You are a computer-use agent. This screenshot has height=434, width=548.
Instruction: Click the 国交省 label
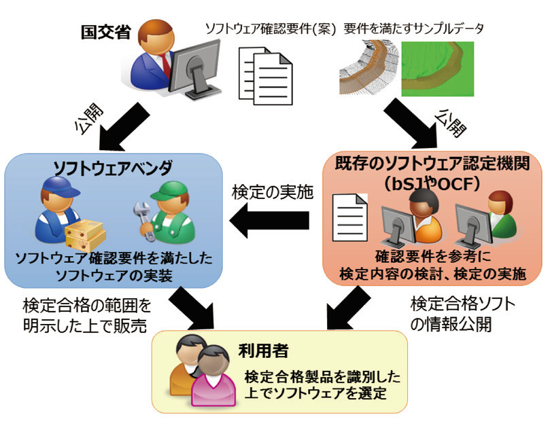[x=106, y=32]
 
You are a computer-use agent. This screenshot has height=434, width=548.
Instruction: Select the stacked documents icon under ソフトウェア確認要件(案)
[x=266, y=76]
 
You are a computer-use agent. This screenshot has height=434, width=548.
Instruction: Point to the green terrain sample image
[x=438, y=69]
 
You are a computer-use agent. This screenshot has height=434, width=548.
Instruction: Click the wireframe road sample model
[x=369, y=67]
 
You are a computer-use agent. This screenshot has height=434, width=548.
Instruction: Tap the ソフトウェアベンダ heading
[x=113, y=168]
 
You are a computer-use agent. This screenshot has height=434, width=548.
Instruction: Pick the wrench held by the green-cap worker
[x=144, y=221]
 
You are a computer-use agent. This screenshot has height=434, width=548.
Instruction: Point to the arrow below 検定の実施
[x=269, y=221]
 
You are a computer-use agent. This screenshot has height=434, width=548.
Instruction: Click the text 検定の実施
[x=273, y=192]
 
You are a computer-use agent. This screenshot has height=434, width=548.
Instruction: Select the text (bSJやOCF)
[x=432, y=183]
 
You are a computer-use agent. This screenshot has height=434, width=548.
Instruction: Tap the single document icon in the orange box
[x=350, y=217]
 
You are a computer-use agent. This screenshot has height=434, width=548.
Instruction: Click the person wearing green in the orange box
[x=502, y=215]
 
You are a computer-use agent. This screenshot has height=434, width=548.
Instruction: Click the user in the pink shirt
[x=213, y=376]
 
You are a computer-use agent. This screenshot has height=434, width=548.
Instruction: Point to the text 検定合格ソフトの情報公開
[x=462, y=314]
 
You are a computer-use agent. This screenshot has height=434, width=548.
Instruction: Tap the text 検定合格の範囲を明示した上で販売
[x=87, y=316]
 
